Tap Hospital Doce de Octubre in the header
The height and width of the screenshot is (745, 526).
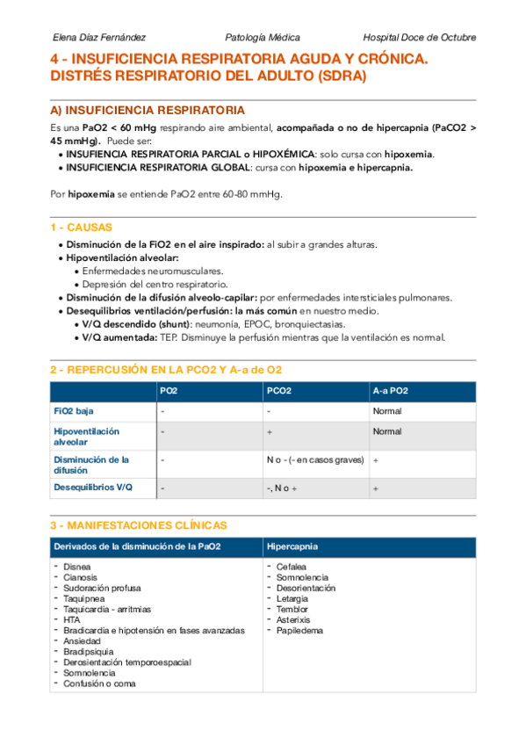click(x=419, y=38)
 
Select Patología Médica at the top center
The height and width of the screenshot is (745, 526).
click(x=263, y=38)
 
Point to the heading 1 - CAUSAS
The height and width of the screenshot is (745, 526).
click(x=81, y=228)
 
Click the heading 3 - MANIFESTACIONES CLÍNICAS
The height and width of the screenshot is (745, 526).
click(x=139, y=525)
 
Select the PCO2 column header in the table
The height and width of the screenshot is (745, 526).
click(x=279, y=391)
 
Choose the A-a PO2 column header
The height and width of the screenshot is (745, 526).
click(x=390, y=391)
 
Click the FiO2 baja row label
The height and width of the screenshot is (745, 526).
click(x=74, y=410)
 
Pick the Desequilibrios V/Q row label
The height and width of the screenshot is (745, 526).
click(x=93, y=488)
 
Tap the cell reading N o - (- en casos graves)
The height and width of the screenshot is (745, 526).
click(x=313, y=459)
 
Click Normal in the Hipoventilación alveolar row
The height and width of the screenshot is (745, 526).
click(x=386, y=431)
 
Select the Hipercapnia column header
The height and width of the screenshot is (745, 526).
click(x=295, y=546)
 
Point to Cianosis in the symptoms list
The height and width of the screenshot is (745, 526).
click(x=81, y=578)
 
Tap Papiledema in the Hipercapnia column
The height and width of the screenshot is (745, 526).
click(x=299, y=631)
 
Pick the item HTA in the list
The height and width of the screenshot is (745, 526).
click(x=73, y=620)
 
